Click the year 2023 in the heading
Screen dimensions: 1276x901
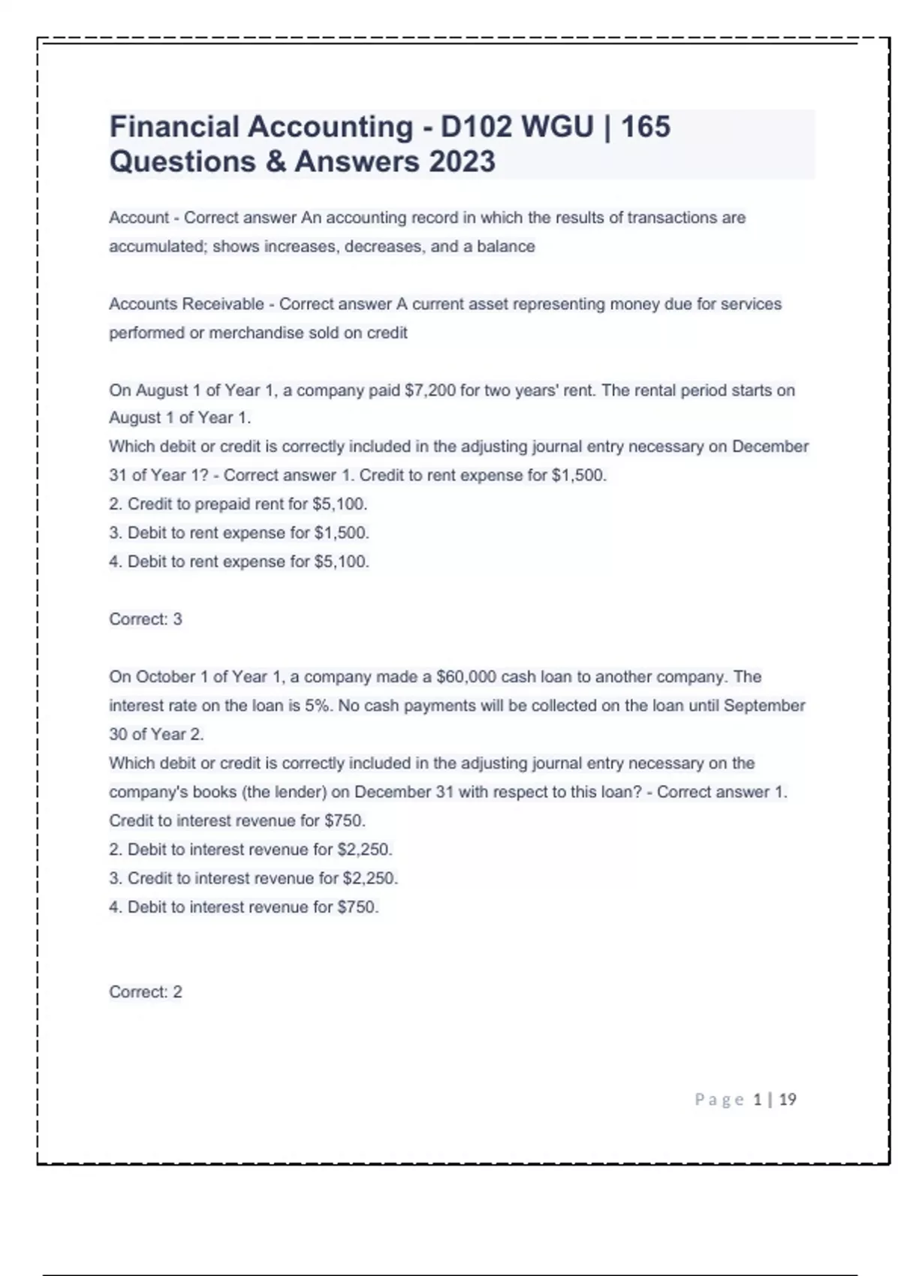[462, 162]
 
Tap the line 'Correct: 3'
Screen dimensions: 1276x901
[146, 619]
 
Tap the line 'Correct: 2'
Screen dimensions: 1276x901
[146, 992]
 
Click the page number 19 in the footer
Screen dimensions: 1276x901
[788, 1100]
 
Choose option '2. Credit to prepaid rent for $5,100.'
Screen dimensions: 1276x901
[238, 504]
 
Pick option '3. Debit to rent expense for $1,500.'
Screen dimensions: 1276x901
[239, 533]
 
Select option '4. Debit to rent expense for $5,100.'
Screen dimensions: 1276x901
[239, 561]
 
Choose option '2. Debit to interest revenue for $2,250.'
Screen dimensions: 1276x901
[251, 850]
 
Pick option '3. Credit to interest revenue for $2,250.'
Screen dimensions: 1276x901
[254, 878]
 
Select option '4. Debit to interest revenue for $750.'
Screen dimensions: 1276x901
[244, 907]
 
